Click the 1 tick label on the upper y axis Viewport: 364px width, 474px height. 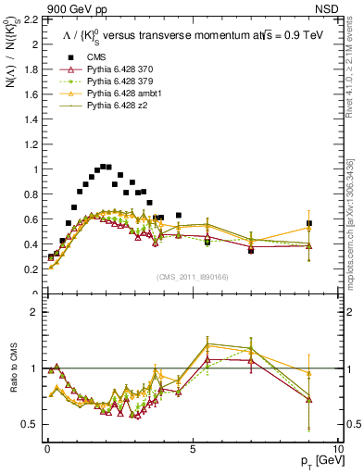click(35, 169)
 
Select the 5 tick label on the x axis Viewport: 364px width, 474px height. click(192, 447)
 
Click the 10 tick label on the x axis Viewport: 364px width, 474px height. click(338, 447)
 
